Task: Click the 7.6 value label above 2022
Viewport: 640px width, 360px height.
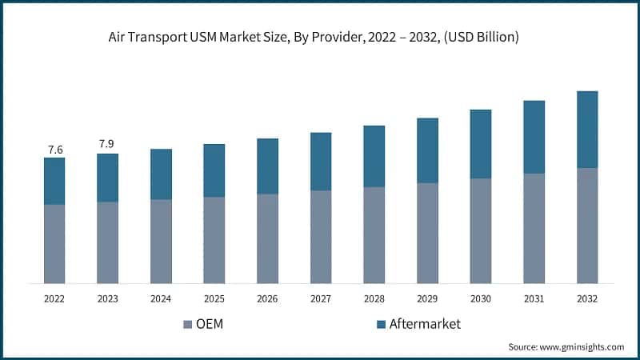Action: coord(54,150)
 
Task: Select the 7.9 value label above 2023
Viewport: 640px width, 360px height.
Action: coord(107,144)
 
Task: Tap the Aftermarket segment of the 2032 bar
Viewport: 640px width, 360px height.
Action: coord(587,129)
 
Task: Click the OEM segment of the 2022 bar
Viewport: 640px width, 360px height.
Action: coord(54,243)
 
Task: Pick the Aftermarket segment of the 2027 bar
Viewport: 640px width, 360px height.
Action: coord(321,162)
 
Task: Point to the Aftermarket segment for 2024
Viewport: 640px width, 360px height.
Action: coord(161,174)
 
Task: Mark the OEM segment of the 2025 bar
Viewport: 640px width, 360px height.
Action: coord(214,240)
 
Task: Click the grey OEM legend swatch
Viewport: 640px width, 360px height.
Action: coord(188,324)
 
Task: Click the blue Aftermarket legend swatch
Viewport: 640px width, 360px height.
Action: coord(382,324)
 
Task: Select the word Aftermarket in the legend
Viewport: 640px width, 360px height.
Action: coord(425,324)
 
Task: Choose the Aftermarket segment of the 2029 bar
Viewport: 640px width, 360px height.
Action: coord(427,150)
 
